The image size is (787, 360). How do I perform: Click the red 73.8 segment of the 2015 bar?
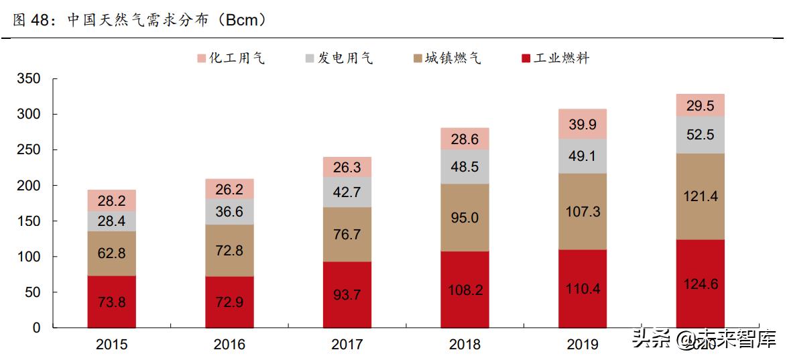coord(111,302)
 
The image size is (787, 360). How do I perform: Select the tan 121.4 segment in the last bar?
coord(700,196)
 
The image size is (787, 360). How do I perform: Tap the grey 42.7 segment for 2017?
coord(347,192)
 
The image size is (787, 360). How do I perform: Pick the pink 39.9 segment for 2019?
coord(583,124)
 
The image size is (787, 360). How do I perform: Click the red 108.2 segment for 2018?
coord(465,290)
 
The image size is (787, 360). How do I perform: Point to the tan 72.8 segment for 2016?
coord(229,250)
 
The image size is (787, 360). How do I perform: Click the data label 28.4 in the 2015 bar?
coord(112,221)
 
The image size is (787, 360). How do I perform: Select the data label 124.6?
coord(700,284)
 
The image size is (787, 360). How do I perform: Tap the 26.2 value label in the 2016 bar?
coord(229,189)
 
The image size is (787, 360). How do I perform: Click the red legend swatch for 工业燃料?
coord(526,59)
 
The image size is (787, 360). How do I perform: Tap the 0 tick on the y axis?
coord(37,328)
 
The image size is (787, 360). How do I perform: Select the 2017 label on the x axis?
coord(347,345)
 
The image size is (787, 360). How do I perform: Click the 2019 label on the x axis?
coord(582,345)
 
